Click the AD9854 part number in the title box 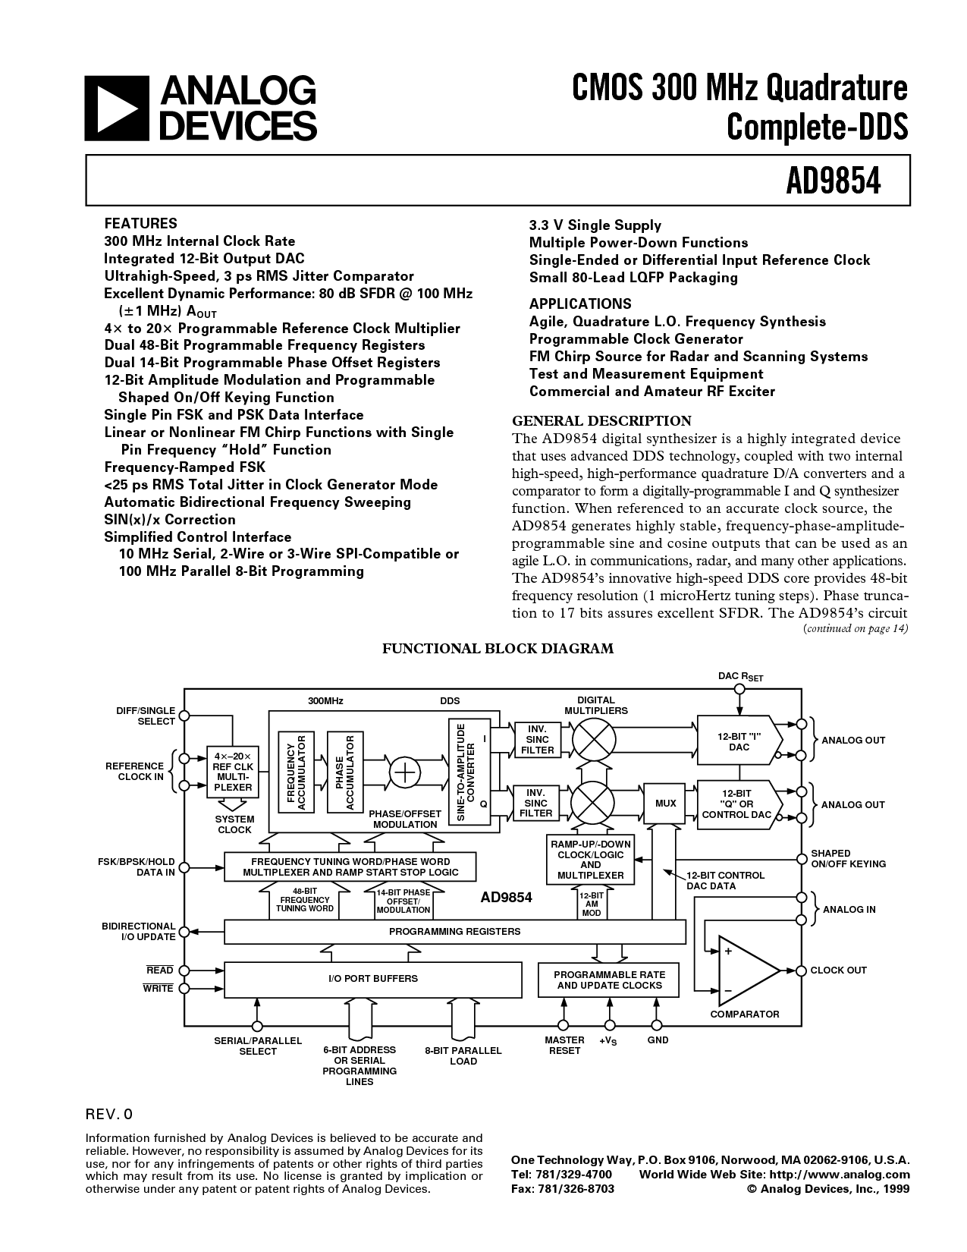point(834,181)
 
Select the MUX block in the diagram point(665,803)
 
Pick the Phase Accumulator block point(345,772)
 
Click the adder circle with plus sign point(406,772)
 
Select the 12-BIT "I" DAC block point(739,741)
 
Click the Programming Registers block point(454,932)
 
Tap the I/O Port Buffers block point(372,979)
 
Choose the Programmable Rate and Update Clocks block point(609,980)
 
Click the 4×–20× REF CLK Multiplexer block point(233,772)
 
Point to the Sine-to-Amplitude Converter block point(469,772)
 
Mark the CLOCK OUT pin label point(838,970)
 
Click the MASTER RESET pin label point(564,1045)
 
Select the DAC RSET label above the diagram point(740,676)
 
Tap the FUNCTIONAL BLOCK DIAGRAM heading point(498,649)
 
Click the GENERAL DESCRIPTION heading point(602,420)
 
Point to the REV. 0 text point(109,1115)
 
